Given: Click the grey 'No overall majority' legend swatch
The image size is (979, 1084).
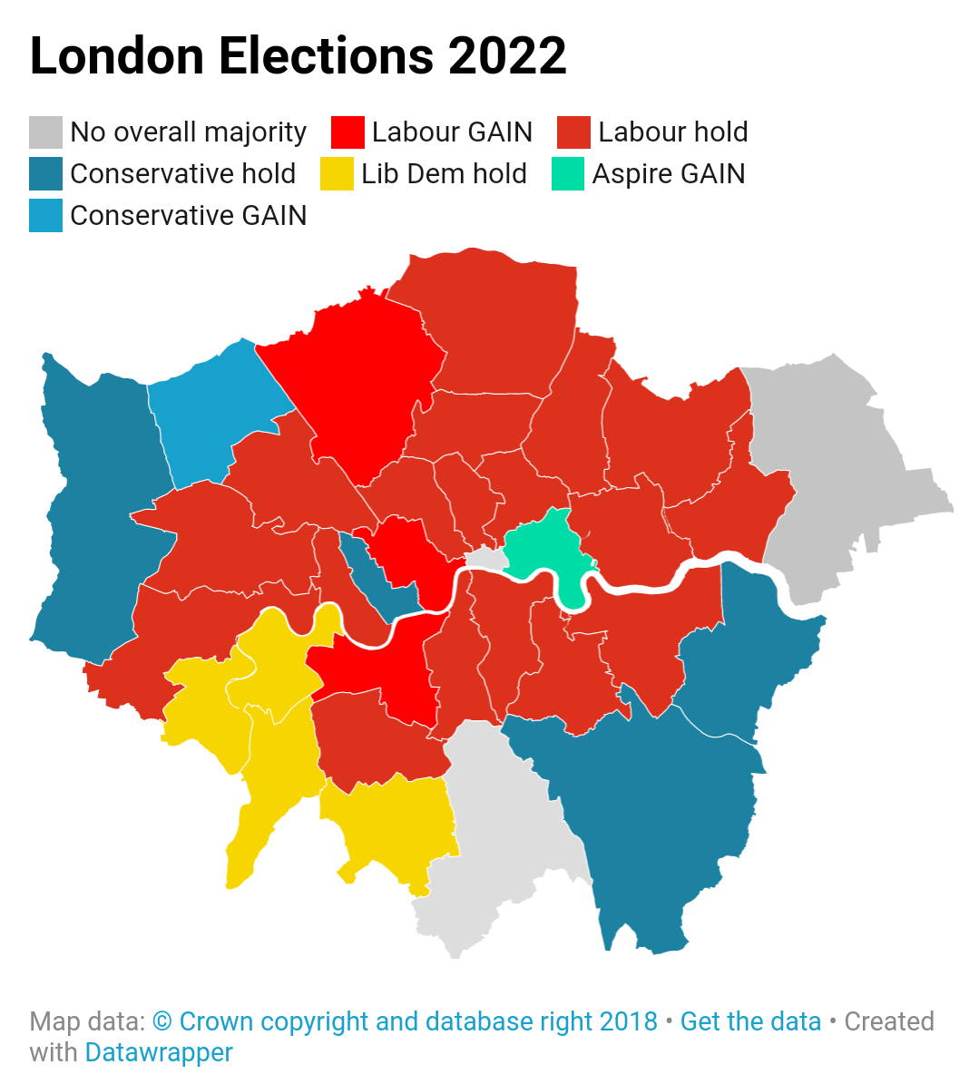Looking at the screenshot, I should [x=45, y=132].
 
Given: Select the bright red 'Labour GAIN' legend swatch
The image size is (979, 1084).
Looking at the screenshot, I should [x=348, y=132].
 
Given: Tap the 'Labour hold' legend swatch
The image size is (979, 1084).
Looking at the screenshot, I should [x=573, y=132].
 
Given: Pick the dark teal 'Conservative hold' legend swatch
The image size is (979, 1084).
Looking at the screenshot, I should [x=45, y=174].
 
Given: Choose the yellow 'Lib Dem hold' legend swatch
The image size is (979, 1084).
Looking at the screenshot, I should [x=337, y=174].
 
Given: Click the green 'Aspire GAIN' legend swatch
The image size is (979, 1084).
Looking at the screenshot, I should [x=568, y=174].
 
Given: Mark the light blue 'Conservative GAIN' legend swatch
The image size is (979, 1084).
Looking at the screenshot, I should [x=45, y=216].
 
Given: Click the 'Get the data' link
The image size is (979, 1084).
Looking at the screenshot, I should [x=750, y=1021].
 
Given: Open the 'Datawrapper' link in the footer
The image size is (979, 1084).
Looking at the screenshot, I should [x=159, y=1052].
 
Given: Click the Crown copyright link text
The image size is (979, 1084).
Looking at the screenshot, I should [x=405, y=1021].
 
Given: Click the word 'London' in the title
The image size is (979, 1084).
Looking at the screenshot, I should [x=117, y=56].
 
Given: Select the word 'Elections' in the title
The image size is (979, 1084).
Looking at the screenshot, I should [x=326, y=56].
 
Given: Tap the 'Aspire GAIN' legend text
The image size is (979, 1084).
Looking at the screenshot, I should [x=669, y=174].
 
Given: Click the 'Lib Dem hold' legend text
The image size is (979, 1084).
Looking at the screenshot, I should [x=444, y=174].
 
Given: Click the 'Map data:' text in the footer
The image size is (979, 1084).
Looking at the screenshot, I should [x=87, y=1021].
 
